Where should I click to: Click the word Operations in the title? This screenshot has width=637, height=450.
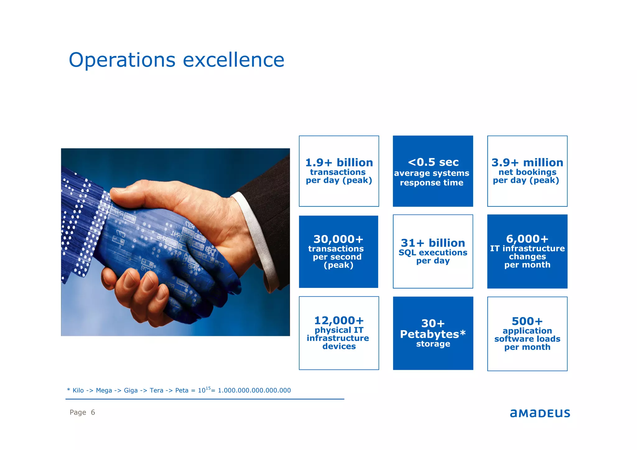click(122, 60)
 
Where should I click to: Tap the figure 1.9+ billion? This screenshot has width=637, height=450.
click(339, 162)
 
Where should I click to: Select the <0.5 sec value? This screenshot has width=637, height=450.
click(433, 162)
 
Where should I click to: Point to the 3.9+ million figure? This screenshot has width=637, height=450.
click(527, 162)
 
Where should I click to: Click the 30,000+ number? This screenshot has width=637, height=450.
click(338, 239)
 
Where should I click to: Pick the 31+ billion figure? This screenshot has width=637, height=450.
click(433, 243)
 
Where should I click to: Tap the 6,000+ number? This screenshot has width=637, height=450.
click(527, 239)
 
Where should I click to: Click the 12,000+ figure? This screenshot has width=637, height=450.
click(339, 320)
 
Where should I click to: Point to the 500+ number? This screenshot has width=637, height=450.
click(527, 321)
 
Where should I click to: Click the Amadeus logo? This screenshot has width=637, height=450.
click(540, 413)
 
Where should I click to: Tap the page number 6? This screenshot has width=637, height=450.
click(93, 412)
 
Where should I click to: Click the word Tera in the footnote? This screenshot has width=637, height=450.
click(156, 391)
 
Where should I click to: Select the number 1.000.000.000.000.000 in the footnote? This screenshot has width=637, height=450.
click(254, 391)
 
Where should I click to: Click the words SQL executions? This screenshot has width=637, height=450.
click(433, 253)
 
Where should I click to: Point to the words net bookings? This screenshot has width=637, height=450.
click(527, 172)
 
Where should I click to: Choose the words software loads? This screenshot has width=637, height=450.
click(527, 339)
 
